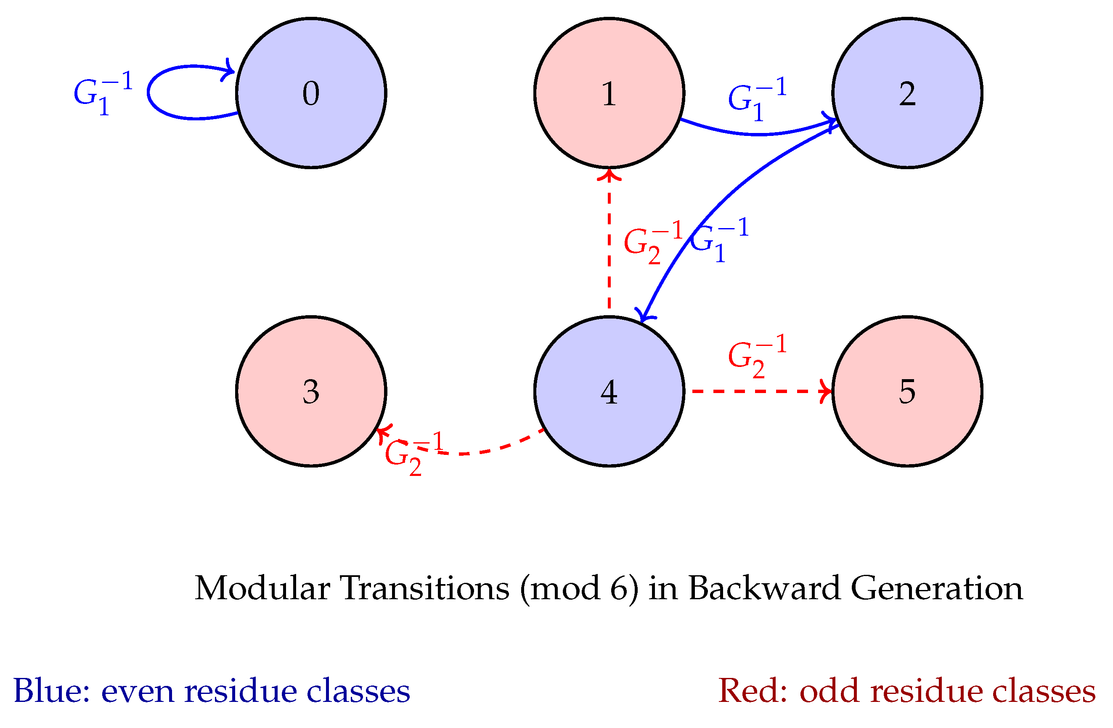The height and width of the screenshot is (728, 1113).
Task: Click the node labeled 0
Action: [x=311, y=93]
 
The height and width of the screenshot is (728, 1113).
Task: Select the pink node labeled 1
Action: [x=609, y=93]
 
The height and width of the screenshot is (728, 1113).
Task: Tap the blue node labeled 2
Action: [x=907, y=93]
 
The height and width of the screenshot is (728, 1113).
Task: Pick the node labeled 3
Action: [x=311, y=391]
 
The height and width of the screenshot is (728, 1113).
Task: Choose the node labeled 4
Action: [x=609, y=391]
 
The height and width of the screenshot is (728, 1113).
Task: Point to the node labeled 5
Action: [x=907, y=391]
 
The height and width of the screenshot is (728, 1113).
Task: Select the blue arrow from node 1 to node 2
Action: [x=758, y=134]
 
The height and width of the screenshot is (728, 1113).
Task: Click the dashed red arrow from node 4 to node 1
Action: [x=609, y=243]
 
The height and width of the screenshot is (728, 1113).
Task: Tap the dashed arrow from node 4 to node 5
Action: [x=758, y=391]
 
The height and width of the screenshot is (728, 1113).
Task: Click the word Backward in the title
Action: [x=765, y=588]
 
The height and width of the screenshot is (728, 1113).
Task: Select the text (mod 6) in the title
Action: [x=579, y=588]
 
